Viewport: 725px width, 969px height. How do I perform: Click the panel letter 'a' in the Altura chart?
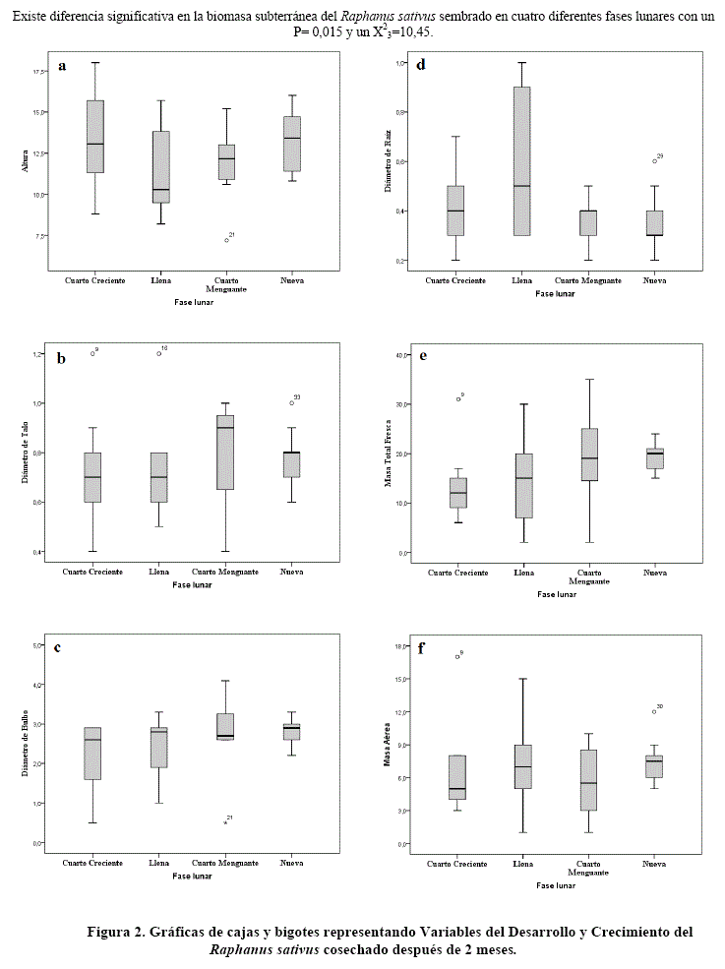62,66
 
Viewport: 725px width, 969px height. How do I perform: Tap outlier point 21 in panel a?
226,240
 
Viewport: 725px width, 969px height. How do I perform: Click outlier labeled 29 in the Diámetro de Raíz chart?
654,161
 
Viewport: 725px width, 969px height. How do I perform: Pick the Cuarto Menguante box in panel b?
225,453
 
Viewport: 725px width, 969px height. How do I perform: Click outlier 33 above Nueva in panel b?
291,402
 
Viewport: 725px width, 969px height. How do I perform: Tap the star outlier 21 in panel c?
226,822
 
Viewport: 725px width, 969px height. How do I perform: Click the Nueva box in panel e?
654,458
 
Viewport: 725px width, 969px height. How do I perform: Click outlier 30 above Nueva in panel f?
654,711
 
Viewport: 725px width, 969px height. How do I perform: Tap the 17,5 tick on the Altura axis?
40,73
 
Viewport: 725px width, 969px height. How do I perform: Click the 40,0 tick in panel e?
400,354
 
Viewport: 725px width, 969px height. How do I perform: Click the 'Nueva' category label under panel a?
291,280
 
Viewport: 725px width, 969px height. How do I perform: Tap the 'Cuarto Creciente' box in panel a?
95,137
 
